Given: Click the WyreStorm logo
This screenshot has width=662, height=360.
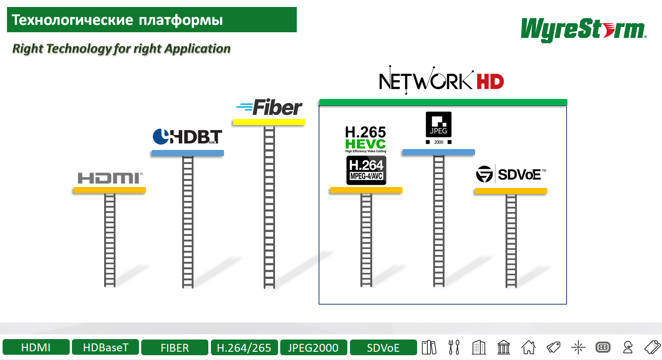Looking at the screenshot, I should tap(583, 30).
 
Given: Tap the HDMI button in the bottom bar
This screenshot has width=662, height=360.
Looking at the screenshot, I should tap(36, 347).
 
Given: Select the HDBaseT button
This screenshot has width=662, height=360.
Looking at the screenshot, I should tap(105, 347).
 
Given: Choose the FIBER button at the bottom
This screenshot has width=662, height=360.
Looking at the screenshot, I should tap(175, 347).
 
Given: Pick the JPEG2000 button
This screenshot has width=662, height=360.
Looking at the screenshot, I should tap(313, 347).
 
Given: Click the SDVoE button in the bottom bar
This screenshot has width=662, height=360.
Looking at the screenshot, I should tap(383, 347).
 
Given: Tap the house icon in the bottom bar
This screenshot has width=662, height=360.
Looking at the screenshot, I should tap(528, 347).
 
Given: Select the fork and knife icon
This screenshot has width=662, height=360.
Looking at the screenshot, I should tap(454, 347).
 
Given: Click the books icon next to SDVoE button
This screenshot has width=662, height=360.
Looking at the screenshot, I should tap(429, 347).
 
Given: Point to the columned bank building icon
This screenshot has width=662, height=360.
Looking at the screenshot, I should tap(503, 347).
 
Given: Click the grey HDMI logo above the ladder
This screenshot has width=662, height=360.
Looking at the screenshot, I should tap(110, 178).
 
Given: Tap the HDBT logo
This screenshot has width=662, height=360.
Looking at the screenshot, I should tap(187, 136).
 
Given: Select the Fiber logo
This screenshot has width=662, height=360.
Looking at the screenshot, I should tap(269, 108).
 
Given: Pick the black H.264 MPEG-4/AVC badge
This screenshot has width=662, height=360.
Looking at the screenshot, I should tap(366, 170).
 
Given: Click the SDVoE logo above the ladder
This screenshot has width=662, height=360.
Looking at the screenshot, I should tap(511, 174).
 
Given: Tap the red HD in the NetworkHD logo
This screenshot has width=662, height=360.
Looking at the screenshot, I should tap(490, 82).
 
